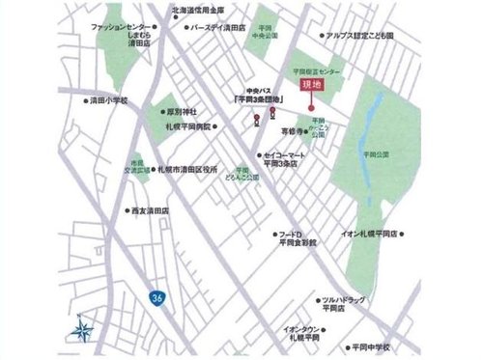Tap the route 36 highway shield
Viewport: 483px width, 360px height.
coord(156,300)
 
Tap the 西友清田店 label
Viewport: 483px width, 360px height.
coord(150,209)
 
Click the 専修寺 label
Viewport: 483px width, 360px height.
coord(293,129)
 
